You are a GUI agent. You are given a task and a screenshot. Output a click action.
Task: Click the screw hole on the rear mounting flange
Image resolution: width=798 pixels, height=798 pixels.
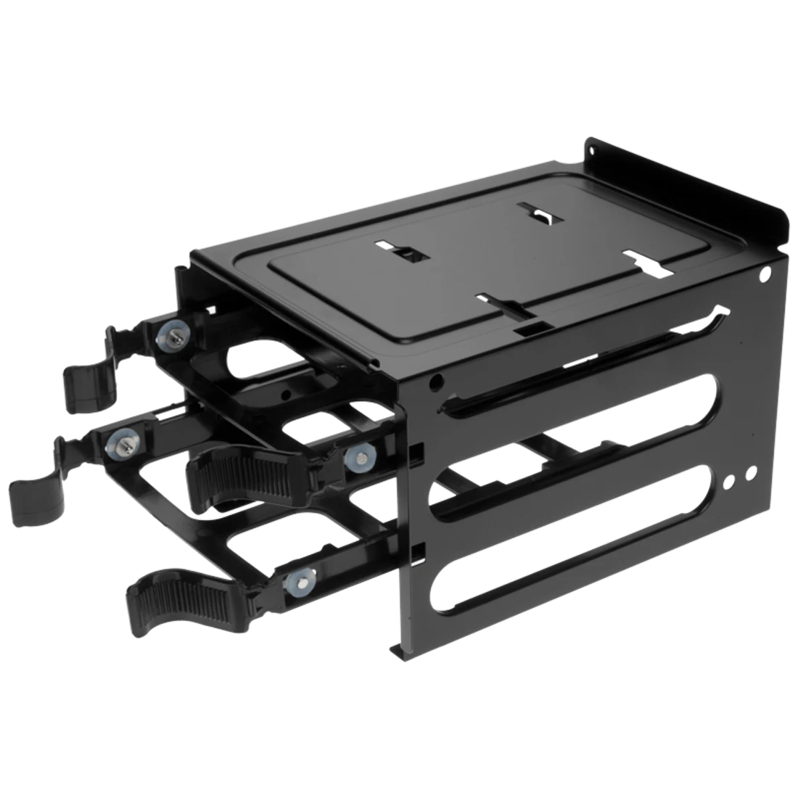593,151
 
